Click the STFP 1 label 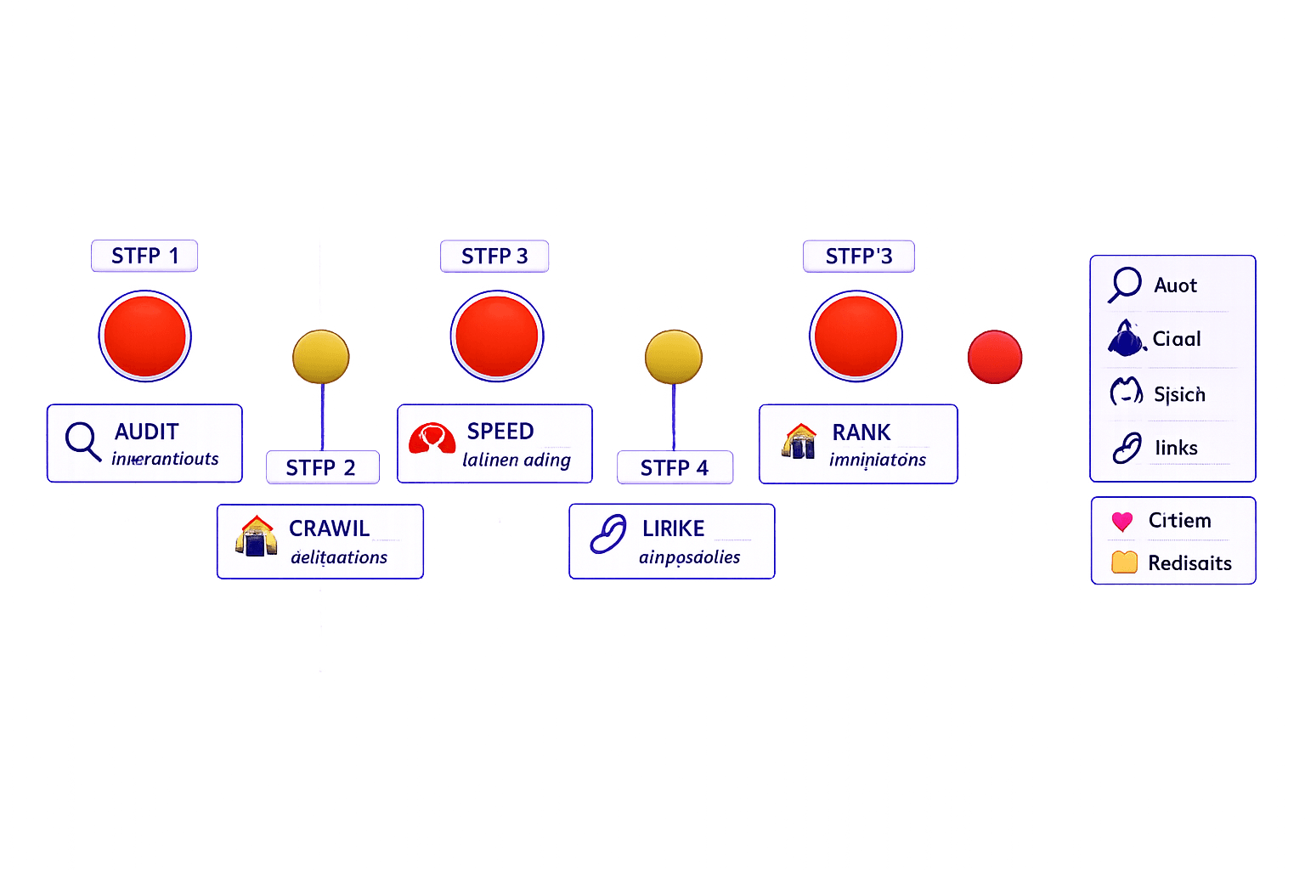click(144, 256)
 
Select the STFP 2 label click(321, 467)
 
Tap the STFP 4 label click(674, 467)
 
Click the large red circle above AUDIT click(144, 336)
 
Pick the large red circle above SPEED click(497, 336)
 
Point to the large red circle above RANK click(856, 336)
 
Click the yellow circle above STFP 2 click(320, 357)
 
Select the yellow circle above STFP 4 click(673, 357)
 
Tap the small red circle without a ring click(994, 357)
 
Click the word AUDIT click(147, 432)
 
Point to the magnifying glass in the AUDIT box click(82, 440)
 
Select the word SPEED click(500, 432)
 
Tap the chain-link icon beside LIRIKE click(608, 534)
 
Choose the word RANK click(862, 432)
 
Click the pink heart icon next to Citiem click(1122, 521)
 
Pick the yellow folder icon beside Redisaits click(1124, 562)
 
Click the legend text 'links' click(1176, 448)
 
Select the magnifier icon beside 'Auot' click(1125, 284)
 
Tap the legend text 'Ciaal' click(1177, 339)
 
